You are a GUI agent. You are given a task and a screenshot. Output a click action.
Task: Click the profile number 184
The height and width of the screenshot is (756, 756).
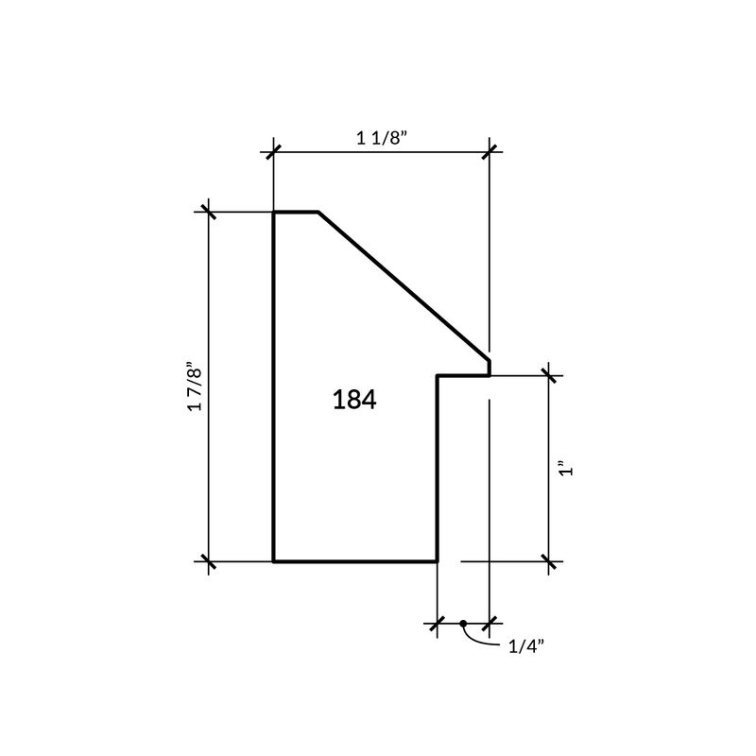354,400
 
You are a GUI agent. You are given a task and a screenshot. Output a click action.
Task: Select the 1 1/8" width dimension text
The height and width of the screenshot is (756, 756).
382,138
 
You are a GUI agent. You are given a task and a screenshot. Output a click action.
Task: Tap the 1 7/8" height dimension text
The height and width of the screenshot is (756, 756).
195,386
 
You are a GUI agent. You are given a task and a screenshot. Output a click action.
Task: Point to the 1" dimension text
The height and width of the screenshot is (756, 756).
566,469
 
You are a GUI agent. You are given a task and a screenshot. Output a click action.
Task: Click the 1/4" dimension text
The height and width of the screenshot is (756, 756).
526,646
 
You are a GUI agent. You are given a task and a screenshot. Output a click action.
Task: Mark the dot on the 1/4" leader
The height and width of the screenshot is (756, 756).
463,624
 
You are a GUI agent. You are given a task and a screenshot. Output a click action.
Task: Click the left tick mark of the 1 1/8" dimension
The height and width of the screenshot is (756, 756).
273,152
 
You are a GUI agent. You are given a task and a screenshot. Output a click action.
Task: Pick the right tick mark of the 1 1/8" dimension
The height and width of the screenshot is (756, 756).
490,152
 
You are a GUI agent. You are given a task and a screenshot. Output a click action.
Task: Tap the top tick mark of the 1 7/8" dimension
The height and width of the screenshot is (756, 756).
208,212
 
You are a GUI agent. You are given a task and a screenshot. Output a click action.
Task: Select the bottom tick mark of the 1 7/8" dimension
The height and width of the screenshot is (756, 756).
208,561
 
